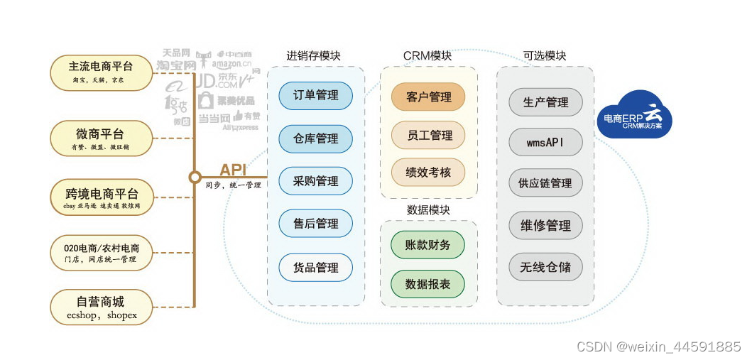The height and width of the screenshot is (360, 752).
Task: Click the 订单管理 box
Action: tap(316, 95)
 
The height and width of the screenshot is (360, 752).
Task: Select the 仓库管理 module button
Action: tap(316, 138)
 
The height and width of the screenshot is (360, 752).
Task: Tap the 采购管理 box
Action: tap(316, 181)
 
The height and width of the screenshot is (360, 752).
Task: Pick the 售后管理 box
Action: tap(316, 224)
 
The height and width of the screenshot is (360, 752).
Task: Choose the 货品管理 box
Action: tap(316, 268)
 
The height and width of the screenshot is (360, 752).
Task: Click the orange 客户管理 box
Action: tap(428, 97)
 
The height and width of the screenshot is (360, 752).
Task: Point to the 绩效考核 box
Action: tap(428, 173)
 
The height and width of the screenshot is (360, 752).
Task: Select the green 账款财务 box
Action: tap(428, 245)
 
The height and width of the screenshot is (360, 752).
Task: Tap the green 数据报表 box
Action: tap(428, 284)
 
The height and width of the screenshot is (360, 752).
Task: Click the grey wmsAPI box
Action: tap(545, 143)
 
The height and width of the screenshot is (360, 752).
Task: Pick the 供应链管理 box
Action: tap(545, 183)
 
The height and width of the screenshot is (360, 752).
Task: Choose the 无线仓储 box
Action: tap(545, 267)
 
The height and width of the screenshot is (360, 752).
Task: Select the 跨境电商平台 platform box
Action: tap(102, 198)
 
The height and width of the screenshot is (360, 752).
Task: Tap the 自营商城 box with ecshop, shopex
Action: tap(101, 307)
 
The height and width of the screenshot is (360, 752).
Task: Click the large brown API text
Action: tap(233, 170)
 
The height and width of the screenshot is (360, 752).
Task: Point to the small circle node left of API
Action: tap(195, 178)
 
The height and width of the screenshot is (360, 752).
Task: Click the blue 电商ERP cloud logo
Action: tap(634, 116)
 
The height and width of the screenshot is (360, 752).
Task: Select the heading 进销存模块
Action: tap(313, 55)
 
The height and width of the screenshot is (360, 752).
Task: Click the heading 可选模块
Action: tap(545, 55)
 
